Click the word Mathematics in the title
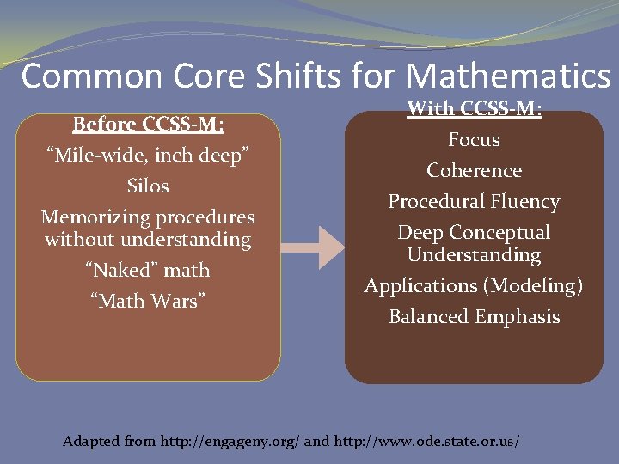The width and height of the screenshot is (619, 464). tap(508, 76)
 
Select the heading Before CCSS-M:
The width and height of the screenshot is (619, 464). tap(148, 125)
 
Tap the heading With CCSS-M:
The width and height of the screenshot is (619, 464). tap(474, 109)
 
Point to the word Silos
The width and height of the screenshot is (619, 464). tap(148, 186)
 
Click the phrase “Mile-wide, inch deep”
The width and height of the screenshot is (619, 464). tap(148, 155)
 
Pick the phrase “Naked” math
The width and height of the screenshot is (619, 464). tap(148, 270)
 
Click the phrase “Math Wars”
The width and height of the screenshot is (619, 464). tap(148, 301)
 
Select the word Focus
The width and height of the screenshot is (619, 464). tap(474, 139)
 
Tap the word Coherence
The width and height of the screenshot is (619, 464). tap(474, 170)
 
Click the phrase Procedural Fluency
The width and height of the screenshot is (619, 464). tap(474, 201)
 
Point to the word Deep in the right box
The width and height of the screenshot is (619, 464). tap(420, 232)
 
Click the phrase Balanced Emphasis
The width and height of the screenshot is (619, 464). tap(474, 316)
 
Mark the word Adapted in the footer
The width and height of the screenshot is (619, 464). tap(91, 442)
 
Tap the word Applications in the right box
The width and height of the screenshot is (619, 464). tap(420, 285)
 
